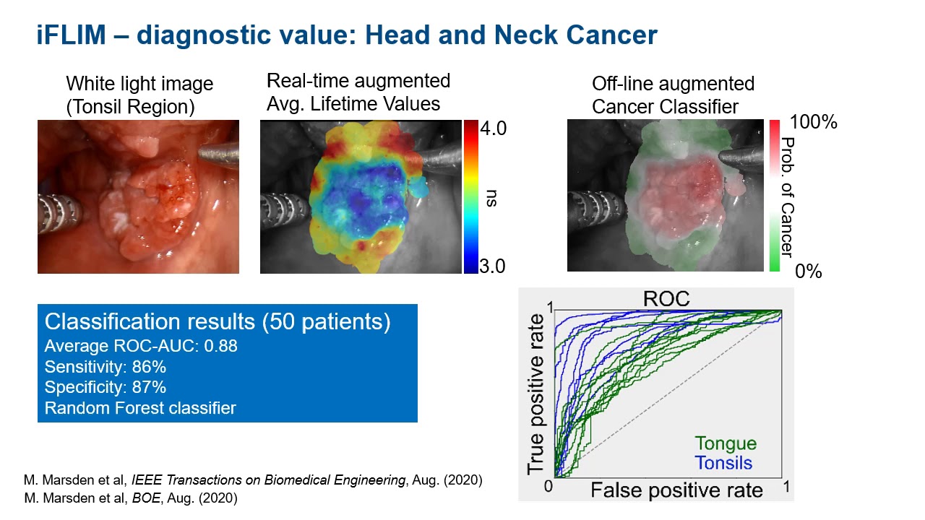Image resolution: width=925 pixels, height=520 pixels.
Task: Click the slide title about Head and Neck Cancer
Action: pos(347,34)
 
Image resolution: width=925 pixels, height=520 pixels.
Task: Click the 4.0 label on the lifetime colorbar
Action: pos(494,129)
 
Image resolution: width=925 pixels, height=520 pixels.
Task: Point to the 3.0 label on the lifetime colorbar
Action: pos(494,266)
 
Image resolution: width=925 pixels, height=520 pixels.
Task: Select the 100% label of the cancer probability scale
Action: pos(814,122)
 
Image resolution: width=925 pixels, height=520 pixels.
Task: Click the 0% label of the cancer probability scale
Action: pos(808,272)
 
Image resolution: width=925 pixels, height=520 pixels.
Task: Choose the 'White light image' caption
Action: pos(139,84)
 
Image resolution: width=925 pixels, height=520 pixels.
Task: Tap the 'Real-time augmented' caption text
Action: pos(358,81)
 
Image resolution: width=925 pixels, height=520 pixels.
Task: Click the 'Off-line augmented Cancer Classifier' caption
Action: pos(673,95)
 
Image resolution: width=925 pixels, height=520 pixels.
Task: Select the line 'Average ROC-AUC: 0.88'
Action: pos(141,347)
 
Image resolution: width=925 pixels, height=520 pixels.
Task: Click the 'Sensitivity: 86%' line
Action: pos(106,367)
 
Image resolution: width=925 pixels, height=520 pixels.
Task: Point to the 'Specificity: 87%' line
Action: pos(106,388)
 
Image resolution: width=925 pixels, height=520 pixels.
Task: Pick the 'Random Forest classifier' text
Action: pos(140,408)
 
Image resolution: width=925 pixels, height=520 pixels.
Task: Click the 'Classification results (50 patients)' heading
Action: pos(218,322)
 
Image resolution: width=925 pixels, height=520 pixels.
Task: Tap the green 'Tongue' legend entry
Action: pos(726,443)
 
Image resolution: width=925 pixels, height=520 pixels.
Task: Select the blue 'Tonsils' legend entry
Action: pos(723,463)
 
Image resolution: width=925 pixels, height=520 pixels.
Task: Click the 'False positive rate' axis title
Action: pos(676,491)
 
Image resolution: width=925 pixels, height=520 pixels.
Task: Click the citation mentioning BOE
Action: pos(131,498)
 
